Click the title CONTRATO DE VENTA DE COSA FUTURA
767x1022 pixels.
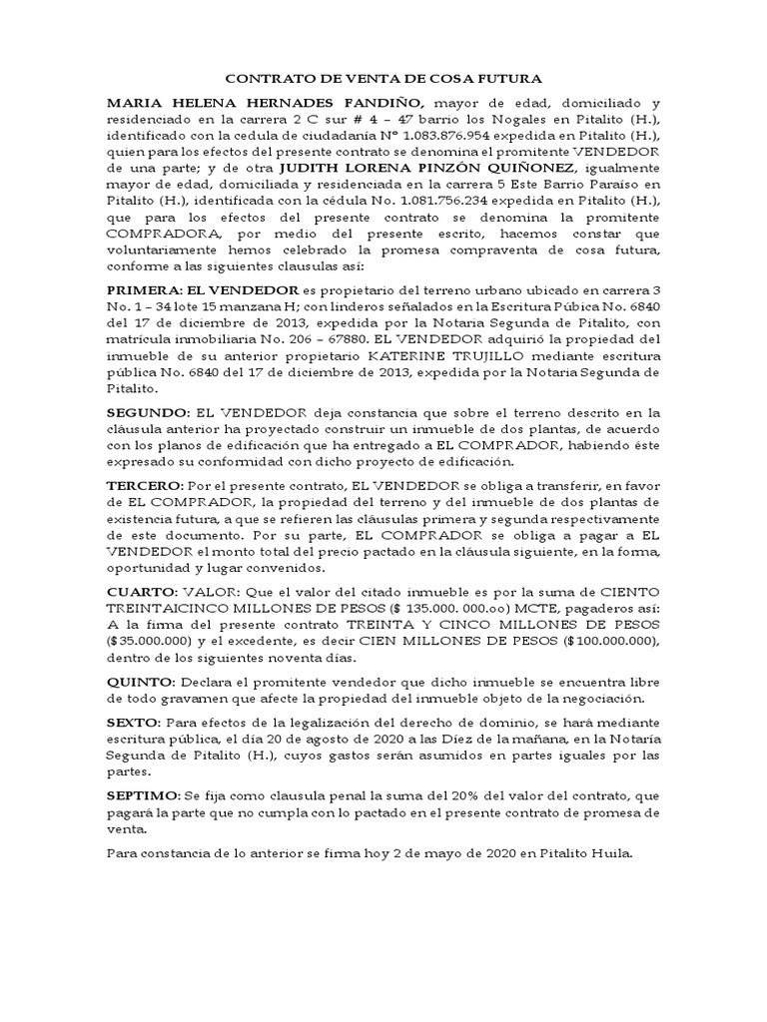pos(383,78)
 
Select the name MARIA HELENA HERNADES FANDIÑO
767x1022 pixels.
pos(265,103)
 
